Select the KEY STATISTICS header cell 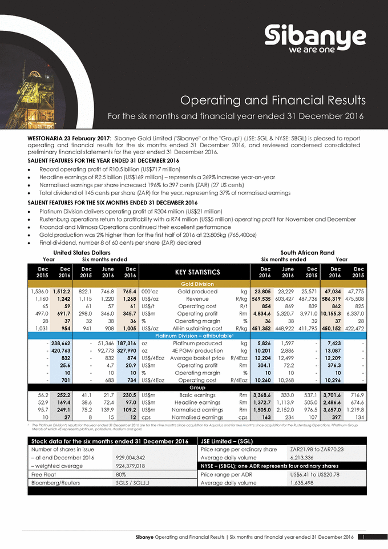point(196,272)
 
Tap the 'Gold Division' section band point(196,284)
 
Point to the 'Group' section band point(196,387)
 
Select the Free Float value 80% point(121,474)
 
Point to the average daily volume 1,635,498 point(307,483)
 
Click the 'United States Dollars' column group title point(82,252)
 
